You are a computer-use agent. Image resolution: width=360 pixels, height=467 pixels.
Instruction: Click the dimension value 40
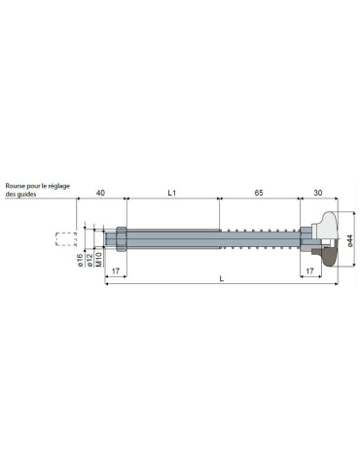click(x=100, y=193)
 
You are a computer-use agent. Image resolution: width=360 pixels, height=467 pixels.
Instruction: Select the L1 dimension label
click(x=172, y=193)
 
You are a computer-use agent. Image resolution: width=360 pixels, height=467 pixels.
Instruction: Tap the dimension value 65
click(x=259, y=193)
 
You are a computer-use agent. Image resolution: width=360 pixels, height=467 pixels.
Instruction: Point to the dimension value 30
click(x=318, y=193)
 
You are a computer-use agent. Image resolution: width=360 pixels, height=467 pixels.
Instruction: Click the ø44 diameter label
click(x=349, y=240)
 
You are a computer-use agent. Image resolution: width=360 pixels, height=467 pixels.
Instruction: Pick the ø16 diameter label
click(x=81, y=261)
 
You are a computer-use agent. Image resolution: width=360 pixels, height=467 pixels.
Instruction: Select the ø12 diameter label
click(x=90, y=261)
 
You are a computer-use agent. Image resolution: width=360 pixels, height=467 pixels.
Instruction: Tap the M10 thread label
click(x=99, y=260)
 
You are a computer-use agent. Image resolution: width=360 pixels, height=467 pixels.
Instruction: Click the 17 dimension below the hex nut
click(x=116, y=271)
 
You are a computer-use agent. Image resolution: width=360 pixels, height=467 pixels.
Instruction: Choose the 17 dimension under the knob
click(x=310, y=271)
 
